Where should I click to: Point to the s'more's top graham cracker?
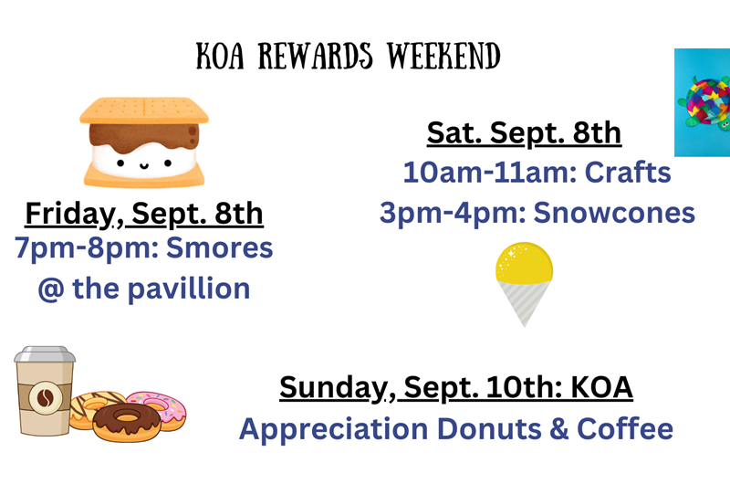click(143, 110)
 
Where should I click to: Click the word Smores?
click(224, 247)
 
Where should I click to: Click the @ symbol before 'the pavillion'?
click(51, 289)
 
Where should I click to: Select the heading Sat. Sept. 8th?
click(524, 133)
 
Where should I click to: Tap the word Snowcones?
click(613, 213)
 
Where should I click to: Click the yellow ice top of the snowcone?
click(525, 263)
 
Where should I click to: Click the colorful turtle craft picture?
click(703, 102)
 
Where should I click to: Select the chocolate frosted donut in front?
click(120, 422)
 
